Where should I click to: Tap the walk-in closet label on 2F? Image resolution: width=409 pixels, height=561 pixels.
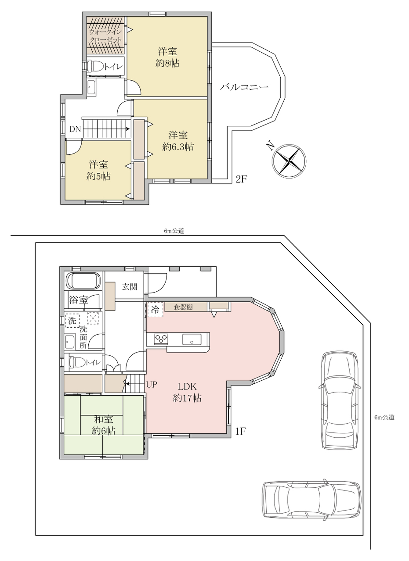point(105,36)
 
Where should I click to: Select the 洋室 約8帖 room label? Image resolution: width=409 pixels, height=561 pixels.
point(167,57)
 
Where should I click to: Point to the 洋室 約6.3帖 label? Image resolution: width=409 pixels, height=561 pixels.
point(178,141)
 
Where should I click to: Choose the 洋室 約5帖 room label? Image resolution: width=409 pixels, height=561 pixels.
point(98,171)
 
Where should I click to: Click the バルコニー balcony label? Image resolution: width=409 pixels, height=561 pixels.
point(244,87)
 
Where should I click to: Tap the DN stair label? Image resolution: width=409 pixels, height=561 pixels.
point(75,129)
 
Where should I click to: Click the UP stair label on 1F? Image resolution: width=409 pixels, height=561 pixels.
point(152,384)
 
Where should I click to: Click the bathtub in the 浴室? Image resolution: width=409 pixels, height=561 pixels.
point(83,281)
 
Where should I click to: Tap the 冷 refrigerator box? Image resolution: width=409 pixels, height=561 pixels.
point(155,310)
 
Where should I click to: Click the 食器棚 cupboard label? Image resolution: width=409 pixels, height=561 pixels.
point(183,307)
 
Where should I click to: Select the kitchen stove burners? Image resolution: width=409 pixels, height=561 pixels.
point(161,339)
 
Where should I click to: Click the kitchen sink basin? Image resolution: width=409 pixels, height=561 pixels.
point(192,339)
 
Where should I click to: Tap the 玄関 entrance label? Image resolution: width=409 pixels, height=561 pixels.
point(130,287)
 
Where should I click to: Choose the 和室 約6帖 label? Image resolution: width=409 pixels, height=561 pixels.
point(103,425)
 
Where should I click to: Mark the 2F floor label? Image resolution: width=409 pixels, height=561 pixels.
point(241,179)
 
